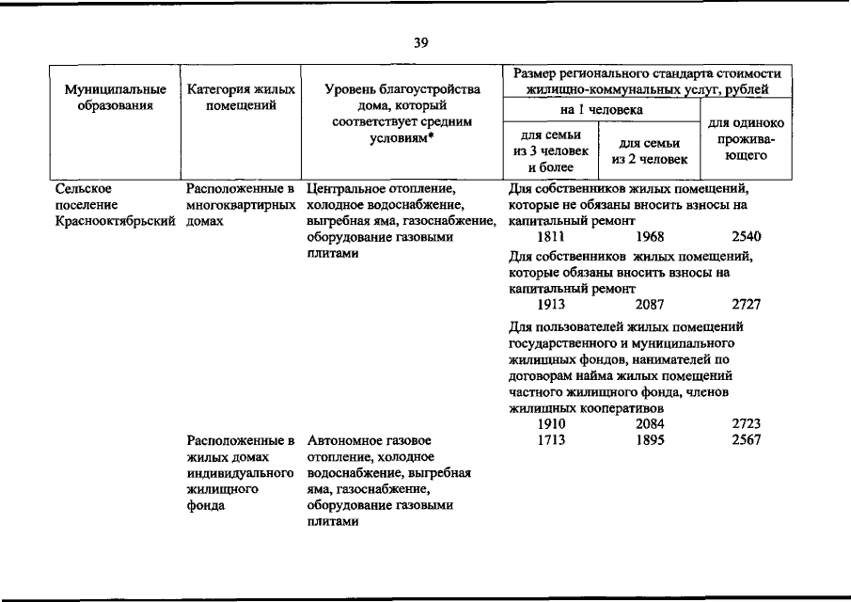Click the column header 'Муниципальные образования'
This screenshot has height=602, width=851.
(116, 98)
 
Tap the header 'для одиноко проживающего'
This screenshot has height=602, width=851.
(747, 139)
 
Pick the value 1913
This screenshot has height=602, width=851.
(551, 305)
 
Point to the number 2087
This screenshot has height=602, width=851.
(650, 305)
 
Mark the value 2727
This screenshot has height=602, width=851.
(746, 305)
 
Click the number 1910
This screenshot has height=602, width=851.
(551, 424)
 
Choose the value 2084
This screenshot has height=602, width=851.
(650, 424)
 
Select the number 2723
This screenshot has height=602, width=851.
(746, 424)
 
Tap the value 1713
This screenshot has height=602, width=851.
(551, 440)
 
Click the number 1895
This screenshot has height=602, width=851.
(650, 440)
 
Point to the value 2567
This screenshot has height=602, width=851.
(746, 440)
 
